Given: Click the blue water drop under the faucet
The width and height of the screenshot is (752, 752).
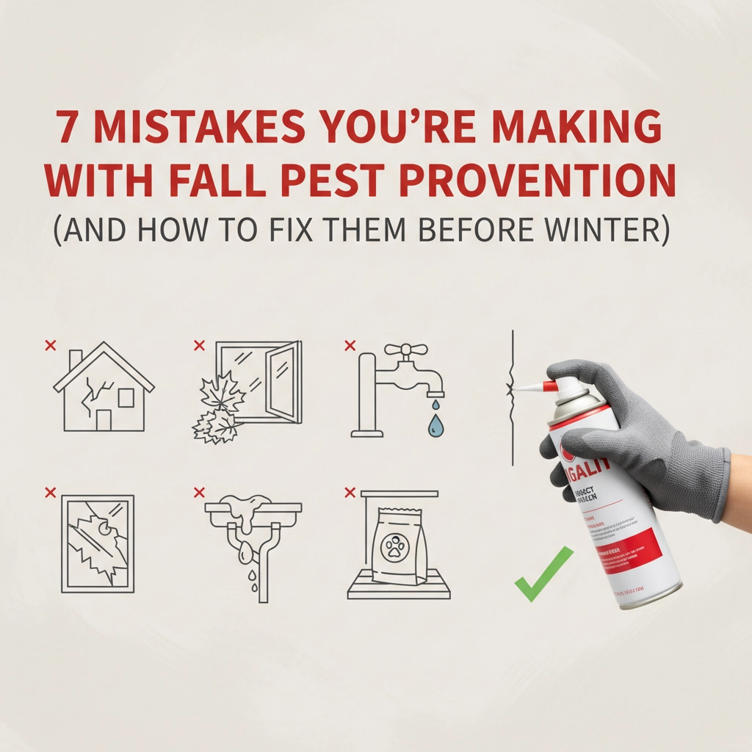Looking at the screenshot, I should click(x=437, y=424).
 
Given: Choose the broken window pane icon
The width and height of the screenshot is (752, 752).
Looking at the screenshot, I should click(x=98, y=543).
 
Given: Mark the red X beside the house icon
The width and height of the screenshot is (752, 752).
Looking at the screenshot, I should click(x=50, y=344).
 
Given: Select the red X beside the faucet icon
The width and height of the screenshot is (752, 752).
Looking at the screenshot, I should click(x=350, y=344).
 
